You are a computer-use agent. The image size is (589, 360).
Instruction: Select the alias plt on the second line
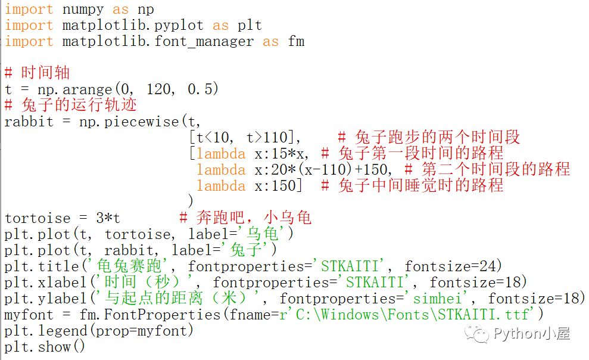tap(250, 26)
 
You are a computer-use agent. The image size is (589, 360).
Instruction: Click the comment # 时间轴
tap(37, 73)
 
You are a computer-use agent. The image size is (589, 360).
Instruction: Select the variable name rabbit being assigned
tap(29, 122)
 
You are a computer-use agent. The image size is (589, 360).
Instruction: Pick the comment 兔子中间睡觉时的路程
tap(420, 186)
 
